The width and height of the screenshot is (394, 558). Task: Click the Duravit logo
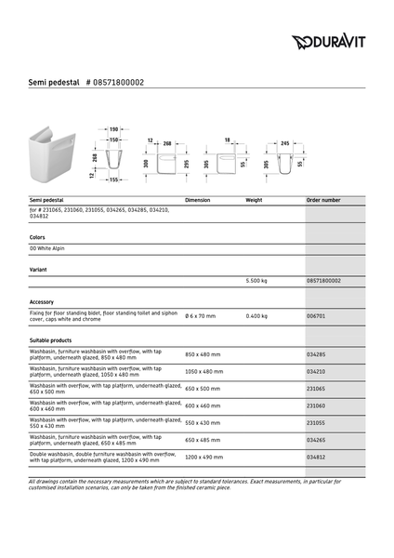328,41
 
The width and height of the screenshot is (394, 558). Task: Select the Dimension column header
198,200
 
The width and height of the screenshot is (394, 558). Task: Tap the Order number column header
323,200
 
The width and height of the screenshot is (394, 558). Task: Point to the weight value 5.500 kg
256,280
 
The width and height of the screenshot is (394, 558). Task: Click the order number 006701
316,316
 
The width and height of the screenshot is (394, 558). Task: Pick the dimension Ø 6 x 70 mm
200,316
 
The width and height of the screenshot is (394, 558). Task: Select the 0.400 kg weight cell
256,316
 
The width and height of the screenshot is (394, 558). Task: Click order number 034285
316,354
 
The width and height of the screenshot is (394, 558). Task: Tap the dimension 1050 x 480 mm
204,371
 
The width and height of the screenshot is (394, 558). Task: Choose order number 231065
316,389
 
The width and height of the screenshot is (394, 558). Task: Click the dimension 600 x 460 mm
203,405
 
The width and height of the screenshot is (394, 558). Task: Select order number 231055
316,422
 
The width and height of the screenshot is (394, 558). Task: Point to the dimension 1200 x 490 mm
204,458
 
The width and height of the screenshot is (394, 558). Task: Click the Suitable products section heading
50,341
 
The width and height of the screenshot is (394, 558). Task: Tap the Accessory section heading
42,302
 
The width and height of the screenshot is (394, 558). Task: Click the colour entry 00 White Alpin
47,248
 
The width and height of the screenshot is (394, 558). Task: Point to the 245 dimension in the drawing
284,143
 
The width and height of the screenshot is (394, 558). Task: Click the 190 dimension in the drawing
113,129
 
